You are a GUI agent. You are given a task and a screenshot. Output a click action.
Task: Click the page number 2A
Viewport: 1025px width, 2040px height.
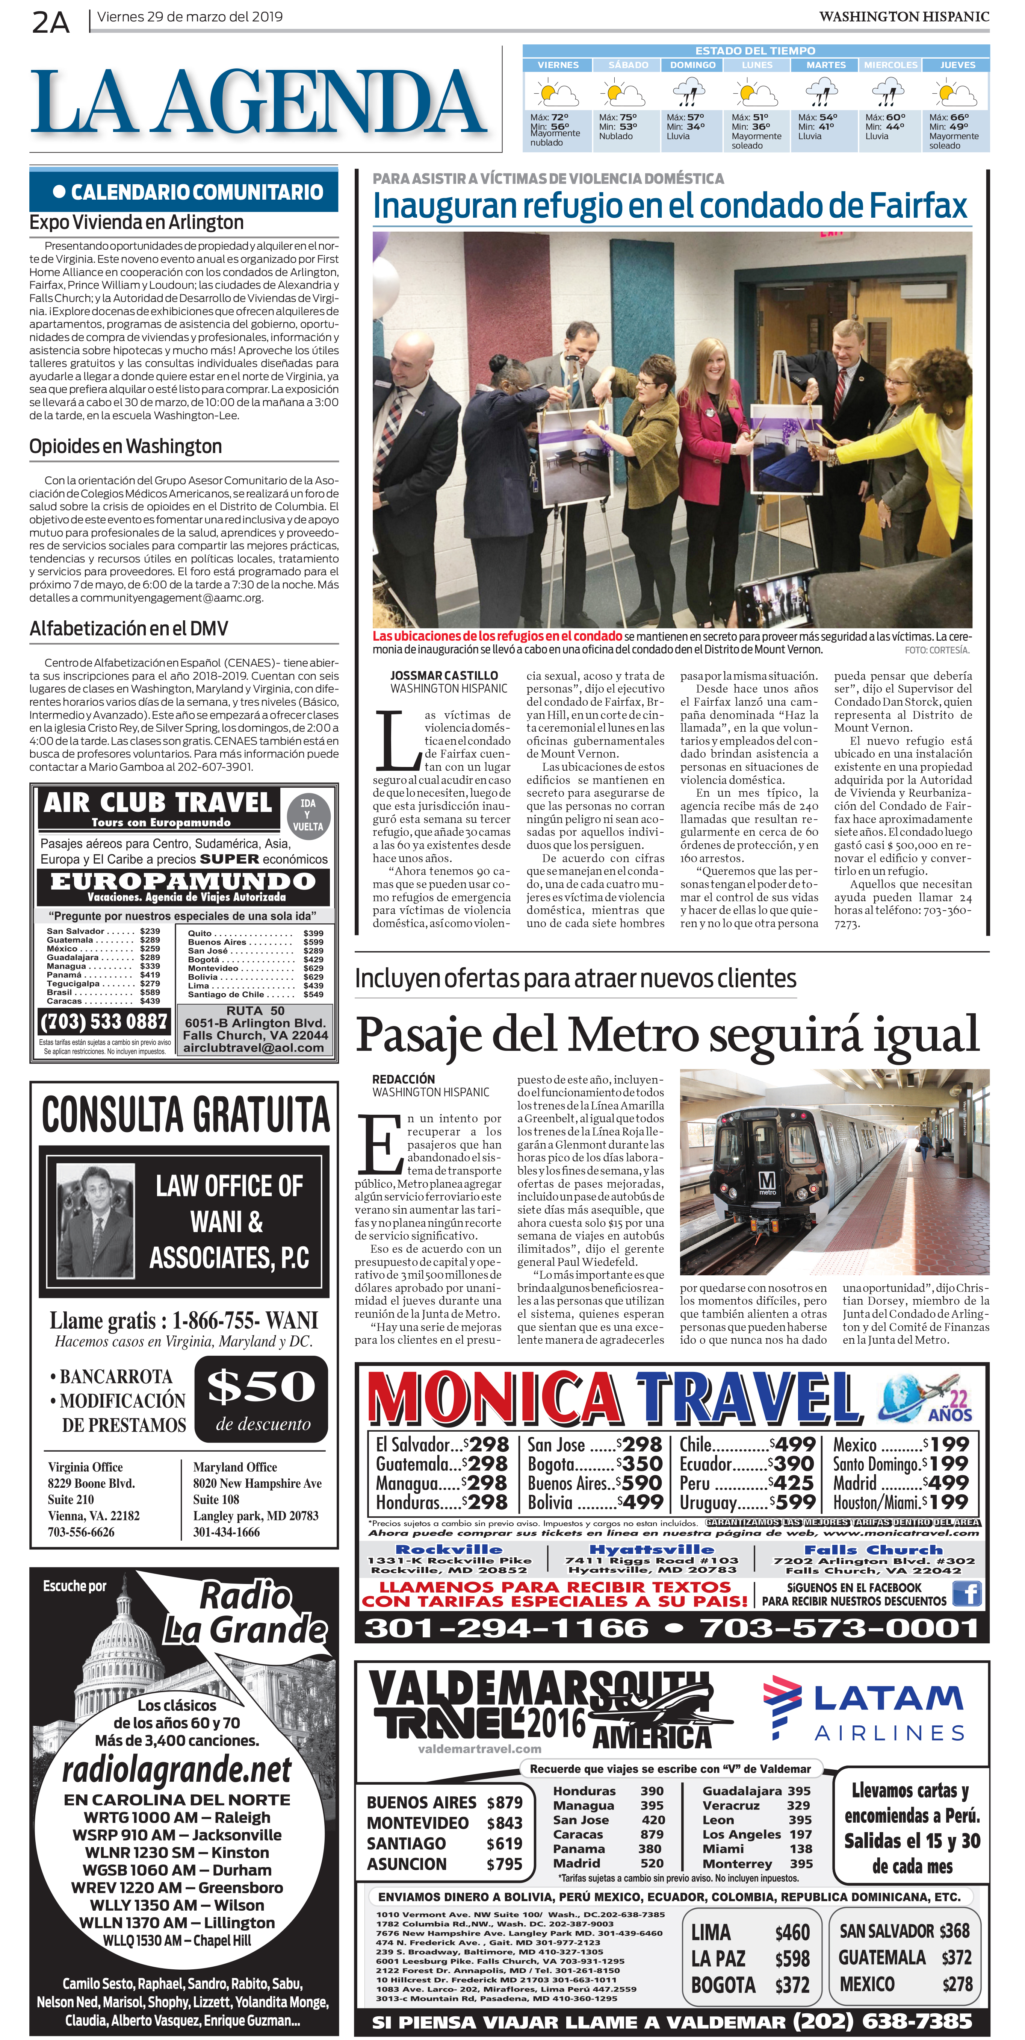(51, 23)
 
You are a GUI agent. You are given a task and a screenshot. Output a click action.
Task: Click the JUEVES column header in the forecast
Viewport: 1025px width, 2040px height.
(957, 65)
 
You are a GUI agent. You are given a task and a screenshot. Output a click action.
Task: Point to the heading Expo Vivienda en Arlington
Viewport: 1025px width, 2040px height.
(136, 223)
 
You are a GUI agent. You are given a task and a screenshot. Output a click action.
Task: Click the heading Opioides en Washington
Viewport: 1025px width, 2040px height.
(125, 447)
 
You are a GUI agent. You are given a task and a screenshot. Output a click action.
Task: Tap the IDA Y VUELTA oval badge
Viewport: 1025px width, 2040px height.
(307, 814)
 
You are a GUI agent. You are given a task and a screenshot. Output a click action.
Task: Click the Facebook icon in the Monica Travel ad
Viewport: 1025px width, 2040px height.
(966, 1593)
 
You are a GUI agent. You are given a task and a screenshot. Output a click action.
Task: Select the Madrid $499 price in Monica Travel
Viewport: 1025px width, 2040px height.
(900, 1482)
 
